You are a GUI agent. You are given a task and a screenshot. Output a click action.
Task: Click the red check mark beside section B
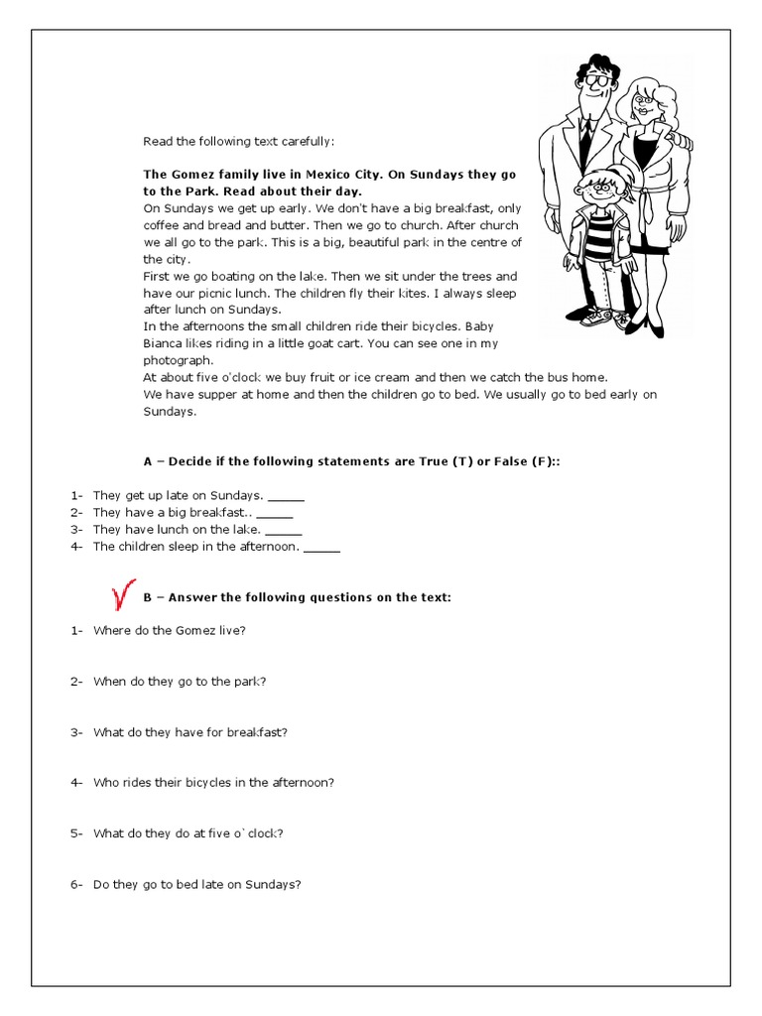tap(123, 596)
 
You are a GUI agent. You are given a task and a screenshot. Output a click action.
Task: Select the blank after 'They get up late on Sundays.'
tap(286, 495)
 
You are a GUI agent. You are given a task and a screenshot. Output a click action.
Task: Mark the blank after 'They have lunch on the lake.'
tap(284, 530)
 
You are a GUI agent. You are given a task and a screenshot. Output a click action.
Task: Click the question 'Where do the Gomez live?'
tap(170, 630)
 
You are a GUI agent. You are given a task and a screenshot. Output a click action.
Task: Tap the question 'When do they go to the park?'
tap(180, 681)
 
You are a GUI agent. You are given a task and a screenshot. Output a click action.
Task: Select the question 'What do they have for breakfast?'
tap(190, 732)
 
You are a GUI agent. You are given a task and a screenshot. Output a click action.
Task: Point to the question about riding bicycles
tap(213, 782)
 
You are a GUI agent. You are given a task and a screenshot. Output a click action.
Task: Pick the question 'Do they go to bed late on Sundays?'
tap(196, 884)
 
